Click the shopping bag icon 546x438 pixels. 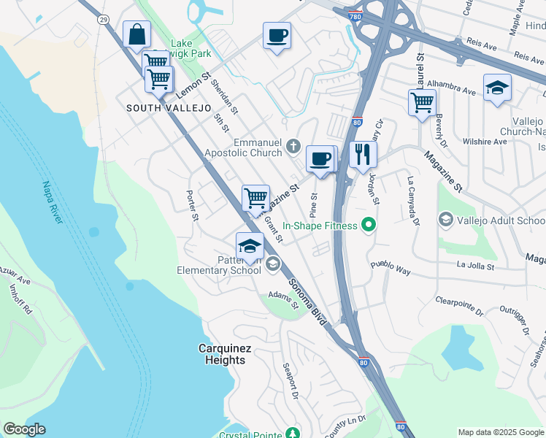click(x=137, y=35)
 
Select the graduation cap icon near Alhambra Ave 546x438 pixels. click(x=497, y=88)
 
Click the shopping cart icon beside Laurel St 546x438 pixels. click(x=422, y=102)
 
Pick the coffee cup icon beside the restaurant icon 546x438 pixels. click(x=320, y=160)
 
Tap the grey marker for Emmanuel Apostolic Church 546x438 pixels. click(x=293, y=146)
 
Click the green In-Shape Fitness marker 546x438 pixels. click(x=369, y=226)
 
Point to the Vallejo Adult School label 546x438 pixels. click(x=501, y=220)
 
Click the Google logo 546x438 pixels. click(x=24, y=429)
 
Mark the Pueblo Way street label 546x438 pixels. click(x=391, y=267)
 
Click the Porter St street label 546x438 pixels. click(x=192, y=206)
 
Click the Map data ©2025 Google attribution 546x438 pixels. click(x=501, y=432)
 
